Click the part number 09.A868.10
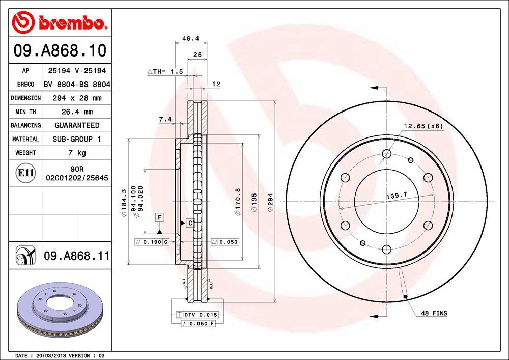pos(60,51)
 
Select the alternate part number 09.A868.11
pos(77,256)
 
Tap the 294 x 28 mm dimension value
pos(77,98)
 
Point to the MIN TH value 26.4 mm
pos(77,112)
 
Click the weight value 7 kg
pos(77,153)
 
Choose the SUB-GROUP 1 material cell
pos(77,139)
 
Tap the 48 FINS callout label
pos(434,313)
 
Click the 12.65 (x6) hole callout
pos(423,126)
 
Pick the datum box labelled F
pos(160,217)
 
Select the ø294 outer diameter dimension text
pos(271,204)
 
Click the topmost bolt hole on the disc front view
pos(386,153)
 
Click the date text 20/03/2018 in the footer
pos(48,355)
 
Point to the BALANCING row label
pos(25,125)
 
